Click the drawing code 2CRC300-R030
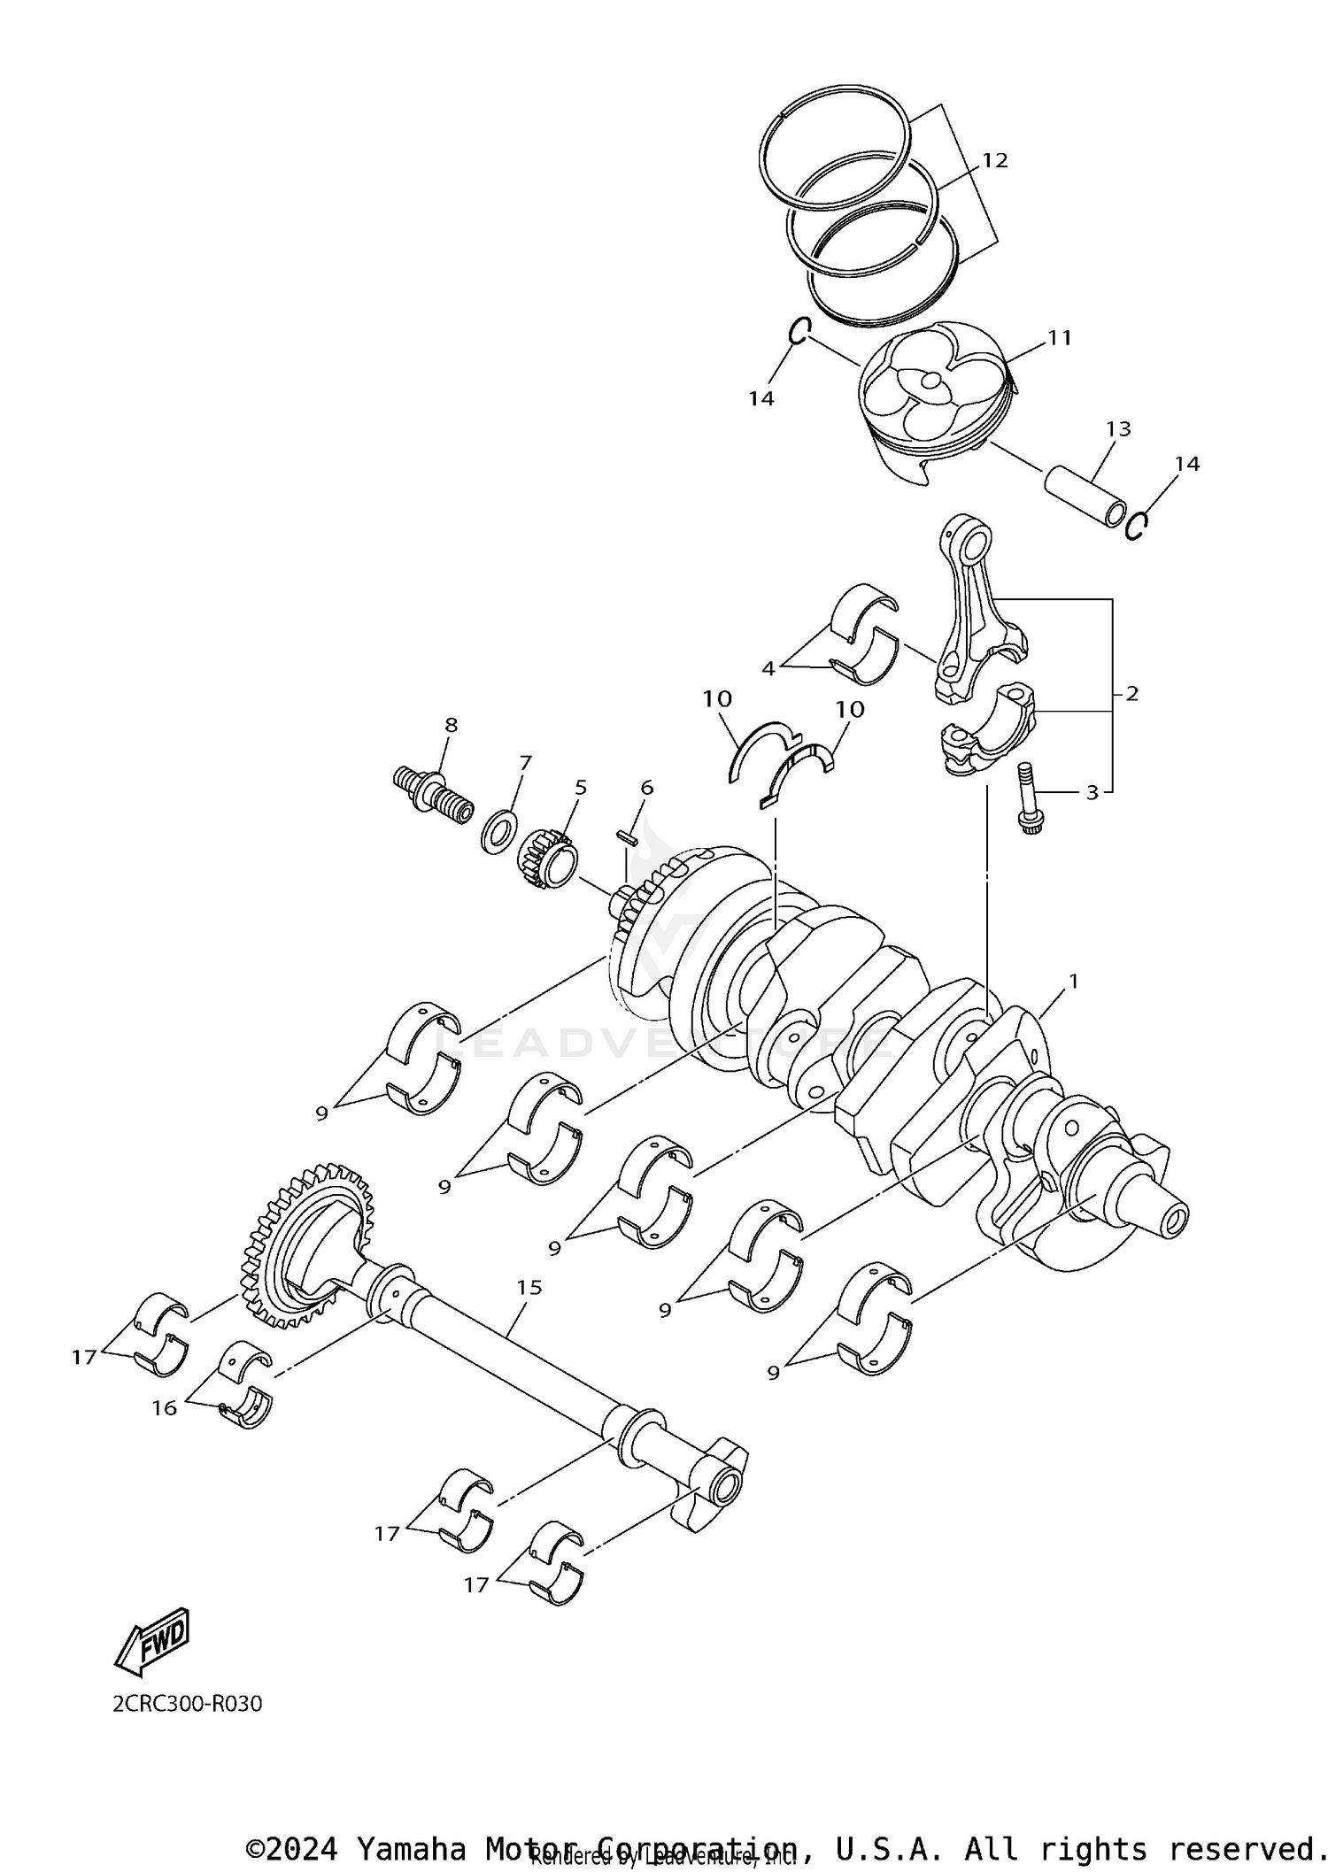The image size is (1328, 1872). pyautogui.click(x=187, y=1704)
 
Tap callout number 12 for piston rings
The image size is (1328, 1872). pyautogui.click(x=994, y=160)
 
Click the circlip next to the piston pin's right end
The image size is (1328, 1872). pyautogui.click(x=1137, y=528)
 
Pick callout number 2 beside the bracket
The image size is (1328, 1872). pyautogui.click(x=1131, y=694)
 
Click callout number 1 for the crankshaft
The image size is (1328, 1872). pyautogui.click(x=1073, y=981)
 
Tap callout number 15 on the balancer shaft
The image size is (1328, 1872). pyautogui.click(x=529, y=1287)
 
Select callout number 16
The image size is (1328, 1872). pyautogui.click(x=165, y=1407)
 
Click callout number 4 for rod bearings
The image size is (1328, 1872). pyautogui.click(x=768, y=668)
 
